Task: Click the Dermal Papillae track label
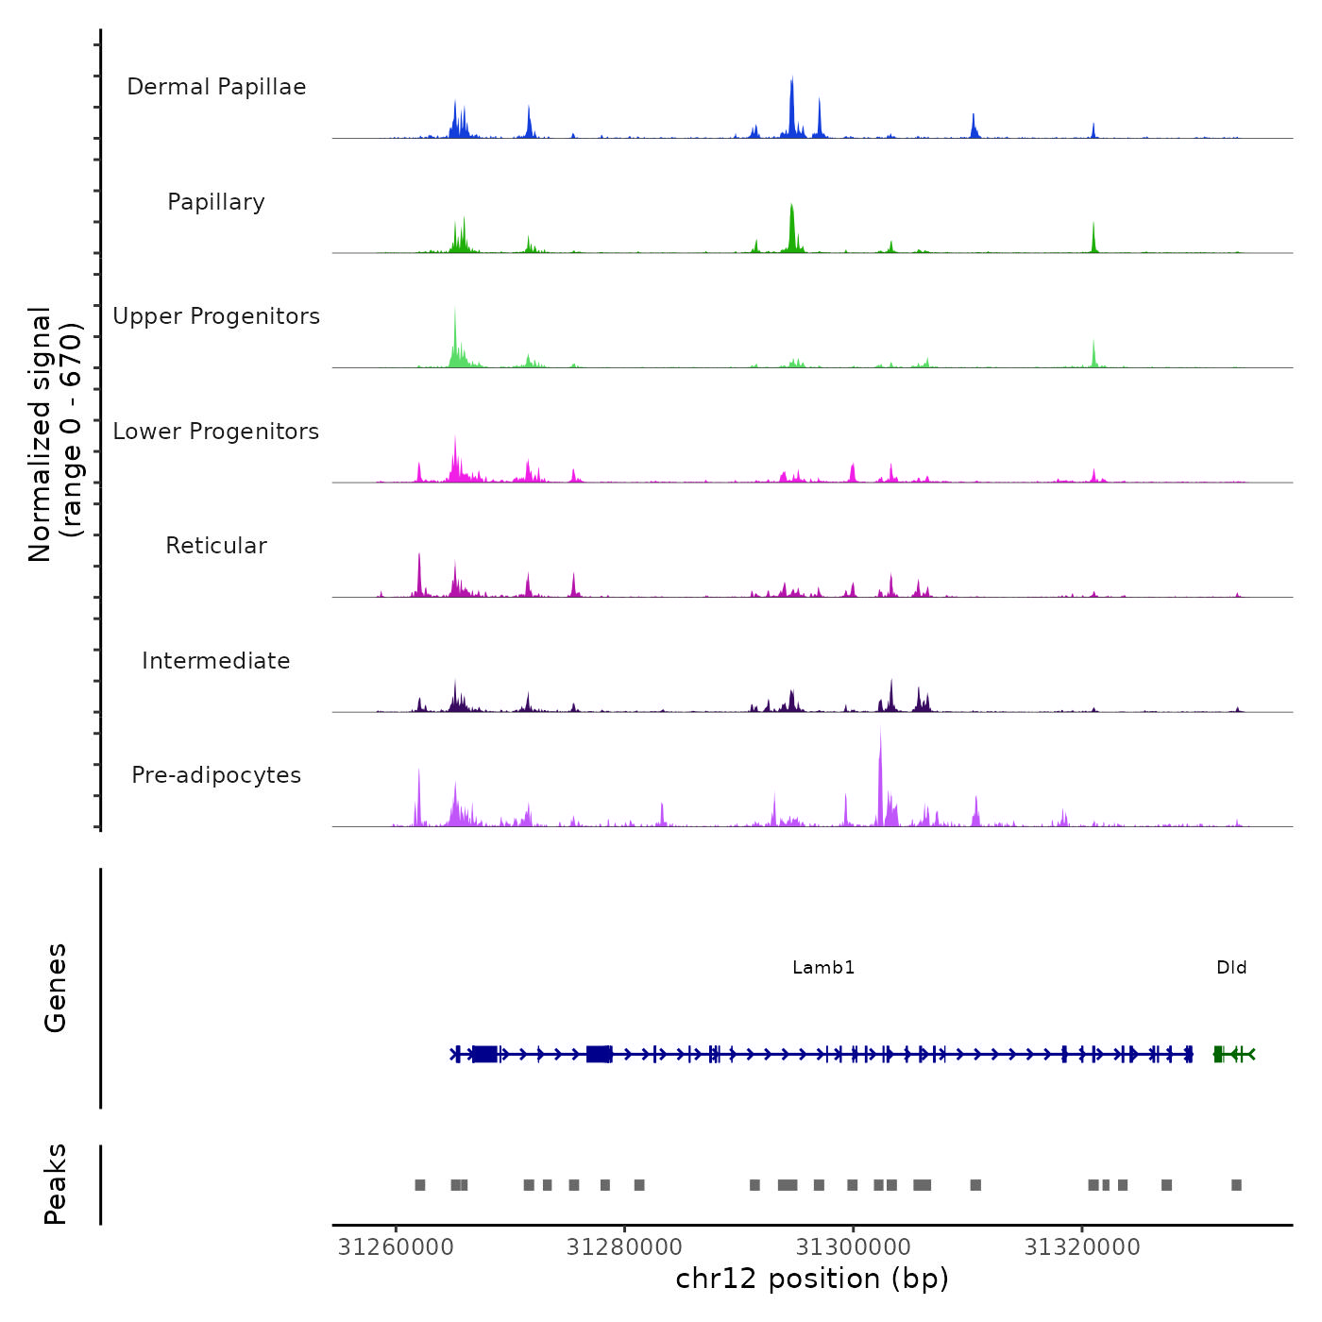216,87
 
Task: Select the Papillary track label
216,202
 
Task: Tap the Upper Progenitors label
216,316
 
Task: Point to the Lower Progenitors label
216,432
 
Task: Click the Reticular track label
216,546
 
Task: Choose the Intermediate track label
216,661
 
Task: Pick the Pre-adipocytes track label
216,775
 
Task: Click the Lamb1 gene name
823,968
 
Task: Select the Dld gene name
1231,968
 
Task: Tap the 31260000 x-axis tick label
396,1247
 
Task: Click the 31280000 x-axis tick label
624,1247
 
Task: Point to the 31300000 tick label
854,1247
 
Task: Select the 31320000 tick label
1082,1247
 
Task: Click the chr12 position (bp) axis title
812,1279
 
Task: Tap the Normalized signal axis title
55,434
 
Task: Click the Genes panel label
56,988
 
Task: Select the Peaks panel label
56,1184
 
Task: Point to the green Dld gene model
1233,1054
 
